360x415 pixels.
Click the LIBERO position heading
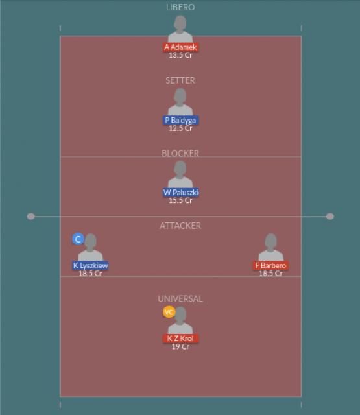click(180, 7)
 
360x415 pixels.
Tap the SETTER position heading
click(180, 80)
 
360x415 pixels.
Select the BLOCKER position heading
click(180, 153)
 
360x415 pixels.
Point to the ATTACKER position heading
click(180, 226)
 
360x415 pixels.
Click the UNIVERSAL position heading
click(180, 299)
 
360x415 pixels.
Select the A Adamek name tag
click(181, 47)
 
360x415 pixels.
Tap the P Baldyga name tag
click(181, 120)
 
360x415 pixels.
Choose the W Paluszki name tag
click(181, 193)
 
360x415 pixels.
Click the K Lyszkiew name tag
click(90, 265)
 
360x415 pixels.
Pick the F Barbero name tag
click(270, 265)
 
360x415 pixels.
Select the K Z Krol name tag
click(181, 338)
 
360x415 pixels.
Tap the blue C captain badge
click(78, 239)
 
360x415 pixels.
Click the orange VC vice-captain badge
click(169, 312)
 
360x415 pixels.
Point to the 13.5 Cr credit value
click(181, 55)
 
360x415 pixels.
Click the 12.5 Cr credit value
click(181, 128)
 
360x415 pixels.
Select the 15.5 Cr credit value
click(181, 200)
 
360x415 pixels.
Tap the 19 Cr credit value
click(181, 347)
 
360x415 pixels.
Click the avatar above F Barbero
click(270, 248)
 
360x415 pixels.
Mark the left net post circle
click(31, 217)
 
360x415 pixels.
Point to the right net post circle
click(330, 217)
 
